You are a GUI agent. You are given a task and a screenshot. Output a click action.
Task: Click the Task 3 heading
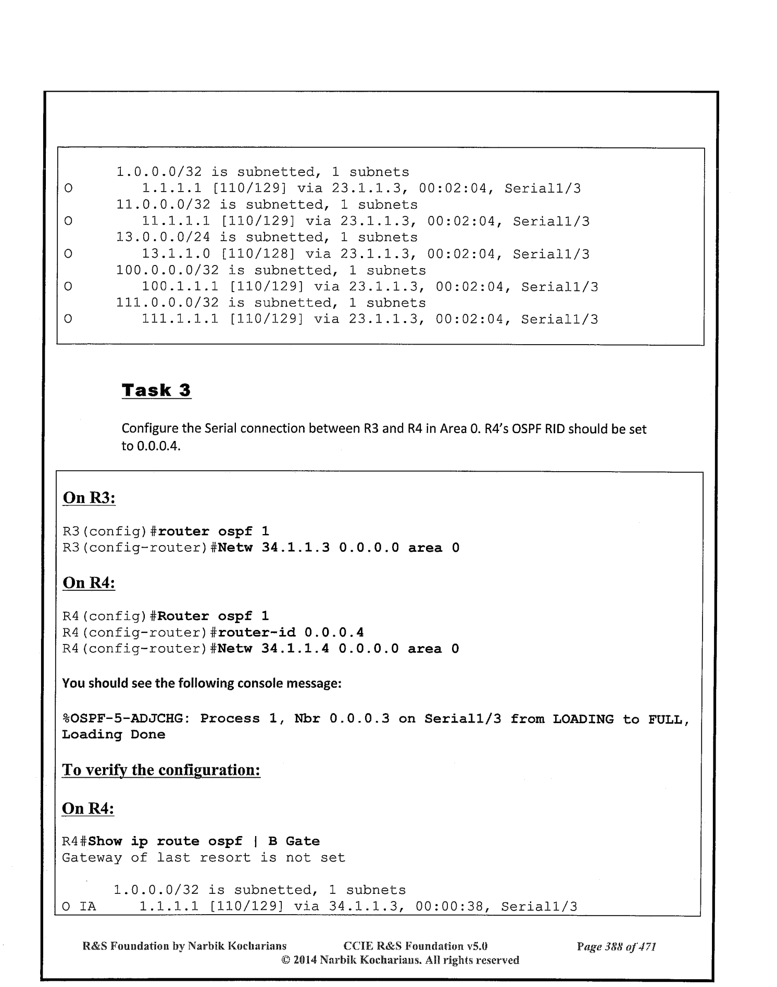coord(156,390)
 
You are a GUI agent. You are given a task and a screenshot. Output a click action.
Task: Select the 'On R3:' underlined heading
coord(89,498)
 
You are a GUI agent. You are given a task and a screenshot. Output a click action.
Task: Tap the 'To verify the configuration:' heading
coord(161,769)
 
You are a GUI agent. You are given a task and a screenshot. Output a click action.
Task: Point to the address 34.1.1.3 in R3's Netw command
coord(295,548)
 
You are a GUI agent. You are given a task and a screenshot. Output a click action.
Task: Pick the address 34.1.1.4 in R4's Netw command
coord(295,649)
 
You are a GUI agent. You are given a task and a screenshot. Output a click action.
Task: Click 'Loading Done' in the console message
coord(114,735)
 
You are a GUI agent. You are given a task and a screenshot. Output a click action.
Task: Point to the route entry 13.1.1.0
coord(177,254)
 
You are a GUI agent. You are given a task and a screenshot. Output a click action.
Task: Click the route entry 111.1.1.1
coord(181,319)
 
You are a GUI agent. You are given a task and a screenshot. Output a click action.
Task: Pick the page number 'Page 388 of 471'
coord(616,946)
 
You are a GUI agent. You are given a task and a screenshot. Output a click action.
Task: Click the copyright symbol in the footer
coord(285,960)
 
